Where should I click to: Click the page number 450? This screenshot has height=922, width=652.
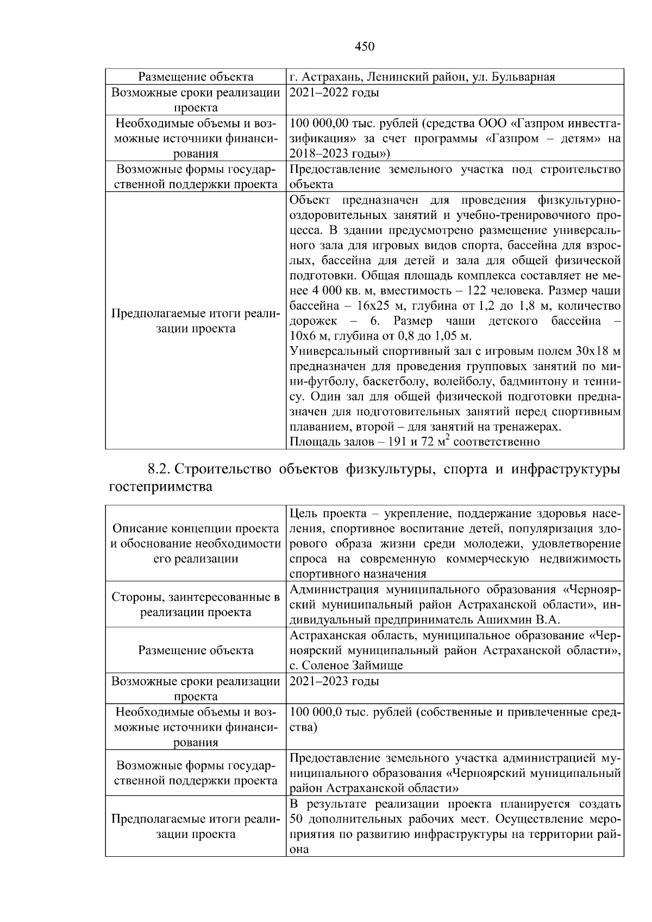(x=365, y=47)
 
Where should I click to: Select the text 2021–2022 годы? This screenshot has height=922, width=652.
(x=334, y=92)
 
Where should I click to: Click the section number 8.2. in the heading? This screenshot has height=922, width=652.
(x=160, y=469)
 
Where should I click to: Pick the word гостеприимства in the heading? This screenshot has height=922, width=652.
(x=161, y=487)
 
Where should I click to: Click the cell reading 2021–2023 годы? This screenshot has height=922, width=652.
(x=334, y=681)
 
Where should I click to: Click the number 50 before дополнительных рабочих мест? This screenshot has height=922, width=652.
(x=297, y=819)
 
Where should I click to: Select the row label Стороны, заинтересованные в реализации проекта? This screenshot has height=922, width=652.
(x=196, y=605)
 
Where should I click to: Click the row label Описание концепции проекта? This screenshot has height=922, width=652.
(x=196, y=529)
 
